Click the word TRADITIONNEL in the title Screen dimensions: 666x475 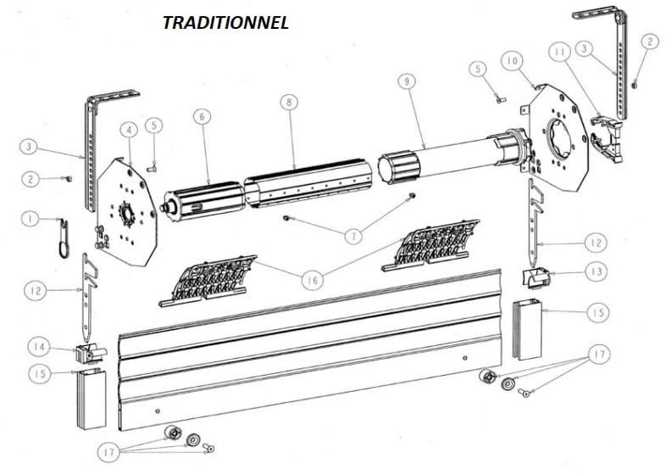pos(225,23)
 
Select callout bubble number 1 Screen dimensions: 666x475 pos(31,219)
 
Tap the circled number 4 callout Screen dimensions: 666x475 pos(129,130)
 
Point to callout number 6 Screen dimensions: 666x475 pos(203,116)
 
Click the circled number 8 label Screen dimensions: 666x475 pos(289,102)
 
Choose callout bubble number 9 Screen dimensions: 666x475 pos(407,81)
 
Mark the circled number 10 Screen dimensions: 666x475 pos(513,61)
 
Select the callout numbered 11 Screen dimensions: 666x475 pos(560,52)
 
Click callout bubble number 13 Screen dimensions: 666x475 pos(597,271)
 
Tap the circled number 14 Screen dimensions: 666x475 pos(39,347)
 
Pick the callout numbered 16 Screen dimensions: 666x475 pos(312,281)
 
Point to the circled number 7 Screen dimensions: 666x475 pos(354,237)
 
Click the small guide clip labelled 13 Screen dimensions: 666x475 pos(535,277)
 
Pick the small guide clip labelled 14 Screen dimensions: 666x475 pos(90,354)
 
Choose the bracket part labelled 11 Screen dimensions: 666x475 pos(608,137)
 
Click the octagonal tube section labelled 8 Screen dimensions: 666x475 pos(308,184)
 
